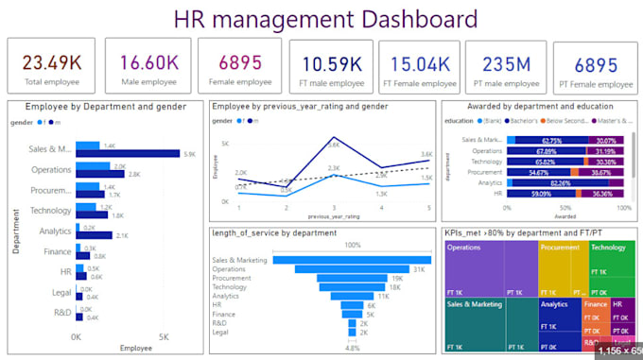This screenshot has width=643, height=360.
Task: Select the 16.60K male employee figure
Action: click(x=148, y=62)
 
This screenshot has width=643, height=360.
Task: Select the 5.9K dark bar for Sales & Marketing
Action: click(x=128, y=153)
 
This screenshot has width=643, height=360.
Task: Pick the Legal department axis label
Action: click(x=61, y=292)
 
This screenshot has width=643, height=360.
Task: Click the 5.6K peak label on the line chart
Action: click(x=335, y=145)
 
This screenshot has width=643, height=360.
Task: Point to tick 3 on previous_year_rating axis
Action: click(x=334, y=208)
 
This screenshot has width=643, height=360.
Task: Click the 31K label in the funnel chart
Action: click(x=419, y=269)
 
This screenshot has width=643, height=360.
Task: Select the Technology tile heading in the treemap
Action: click(x=607, y=247)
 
